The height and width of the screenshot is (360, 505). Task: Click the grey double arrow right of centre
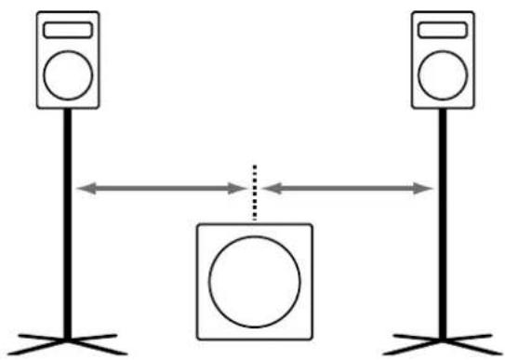(x=348, y=189)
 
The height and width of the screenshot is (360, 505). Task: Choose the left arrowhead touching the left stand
(x=83, y=189)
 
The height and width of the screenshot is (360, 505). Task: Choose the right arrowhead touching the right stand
(x=426, y=189)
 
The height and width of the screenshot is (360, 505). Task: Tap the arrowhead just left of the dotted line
(x=236, y=189)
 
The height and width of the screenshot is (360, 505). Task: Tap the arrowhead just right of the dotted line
(x=270, y=189)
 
